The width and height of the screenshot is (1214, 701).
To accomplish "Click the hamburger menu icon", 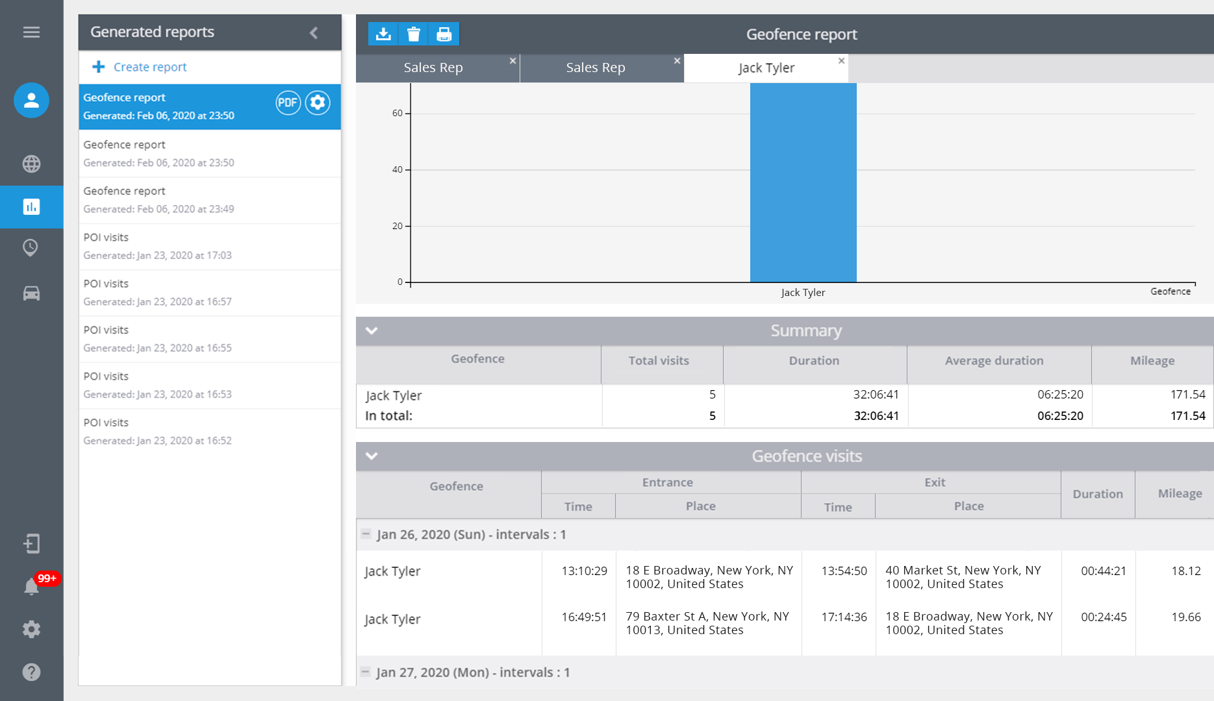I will pyautogui.click(x=31, y=32).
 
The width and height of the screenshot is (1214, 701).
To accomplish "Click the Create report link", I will pyautogui.click(x=149, y=67).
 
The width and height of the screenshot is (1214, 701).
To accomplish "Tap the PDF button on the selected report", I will pyautogui.click(x=288, y=103).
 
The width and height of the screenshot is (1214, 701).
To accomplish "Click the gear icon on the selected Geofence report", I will pyautogui.click(x=318, y=103).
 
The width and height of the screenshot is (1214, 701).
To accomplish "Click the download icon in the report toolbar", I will pyautogui.click(x=383, y=34).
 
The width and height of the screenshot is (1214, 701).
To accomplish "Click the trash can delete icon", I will pyautogui.click(x=413, y=34).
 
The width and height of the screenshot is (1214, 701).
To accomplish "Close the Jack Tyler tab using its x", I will pyautogui.click(x=841, y=60).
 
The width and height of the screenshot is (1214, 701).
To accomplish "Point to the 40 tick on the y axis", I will pyautogui.click(x=397, y=169).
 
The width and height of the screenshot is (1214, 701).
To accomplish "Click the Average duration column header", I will pyautogui.click(x=994, y=361).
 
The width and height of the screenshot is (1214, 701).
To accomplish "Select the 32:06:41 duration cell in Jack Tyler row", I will pyautogui.click(x=876, y=395).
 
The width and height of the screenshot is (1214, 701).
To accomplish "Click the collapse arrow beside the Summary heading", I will pyautogui.click(x=372, y=330).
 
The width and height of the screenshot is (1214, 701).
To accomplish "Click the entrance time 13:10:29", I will pyautogui.click(x=584, y=571).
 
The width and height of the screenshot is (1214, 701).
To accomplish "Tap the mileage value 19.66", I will pyautogui.click(x=1185, y=617).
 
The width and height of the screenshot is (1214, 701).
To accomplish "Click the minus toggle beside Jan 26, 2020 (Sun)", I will pyautogui.click(x=366, y=534).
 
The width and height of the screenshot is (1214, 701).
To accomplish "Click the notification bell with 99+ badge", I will pyautogui.click(x=31, y=587).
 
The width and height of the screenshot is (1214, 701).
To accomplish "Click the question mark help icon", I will pyautogui.click(x=31, y=672).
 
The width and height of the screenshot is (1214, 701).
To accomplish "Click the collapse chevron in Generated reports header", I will pyautogui.click(x=314, y=32).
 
